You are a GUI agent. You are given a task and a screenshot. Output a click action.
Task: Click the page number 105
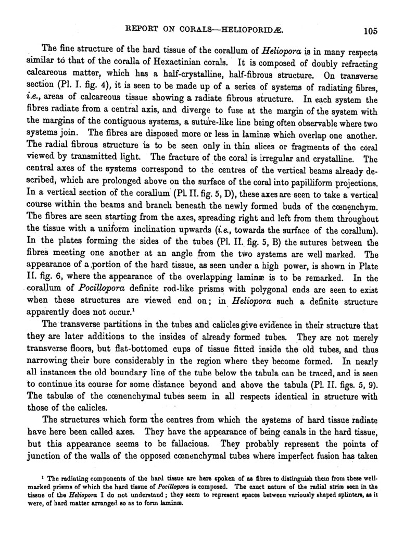click(370, 30)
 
